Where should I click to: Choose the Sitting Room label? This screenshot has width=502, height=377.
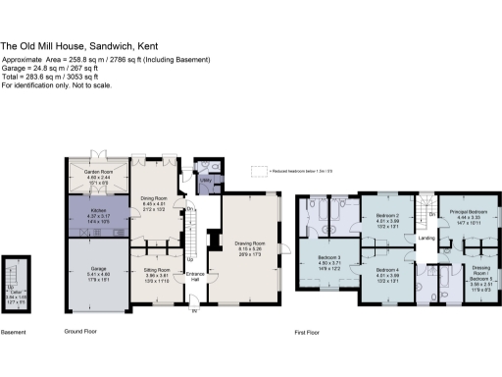157,269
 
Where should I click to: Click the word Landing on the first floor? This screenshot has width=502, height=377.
427,237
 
